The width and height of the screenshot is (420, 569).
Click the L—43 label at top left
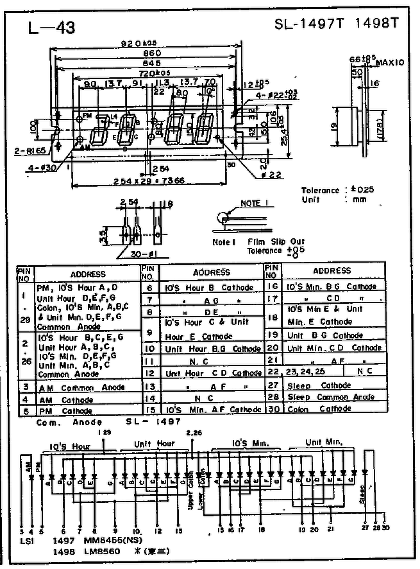(x=52, y=28)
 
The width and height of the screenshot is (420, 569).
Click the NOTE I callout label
(x=252, y=204)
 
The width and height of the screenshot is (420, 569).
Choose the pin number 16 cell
(x=272, y=286)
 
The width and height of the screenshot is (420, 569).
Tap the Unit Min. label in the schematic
(x=324, y=442)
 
